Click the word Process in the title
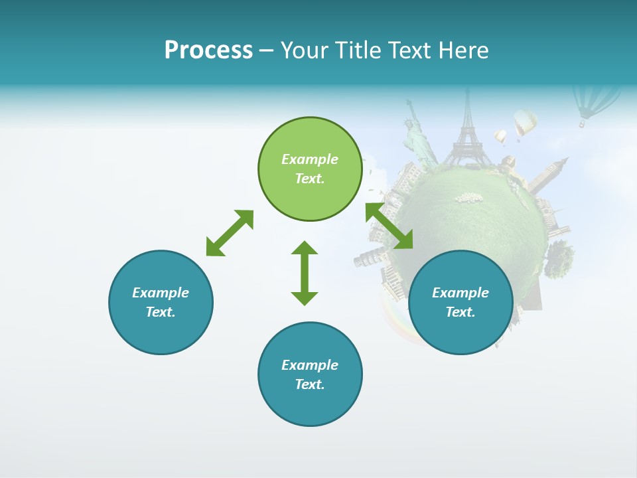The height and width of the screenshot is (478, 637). point(208,50)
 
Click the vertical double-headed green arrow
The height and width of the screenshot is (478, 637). point(305,273)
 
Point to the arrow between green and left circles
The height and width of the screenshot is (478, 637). point(230,233)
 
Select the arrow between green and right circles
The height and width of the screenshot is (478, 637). point(389,226)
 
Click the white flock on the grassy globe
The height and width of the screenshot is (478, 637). point(468,197)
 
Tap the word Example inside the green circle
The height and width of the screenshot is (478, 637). point(310,159)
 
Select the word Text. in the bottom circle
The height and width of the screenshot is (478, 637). point(310,384)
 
